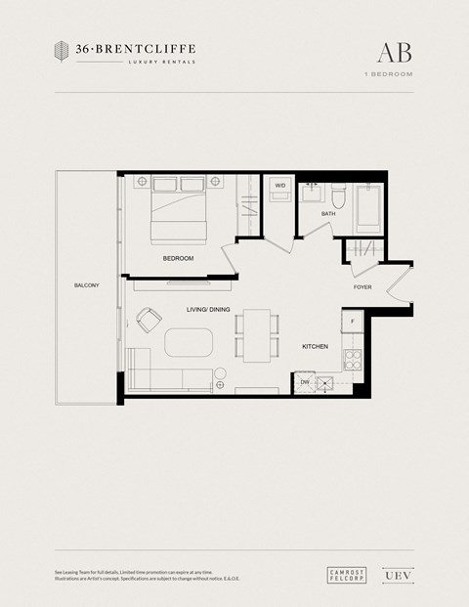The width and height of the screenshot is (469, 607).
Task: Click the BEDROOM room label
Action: point(178,258)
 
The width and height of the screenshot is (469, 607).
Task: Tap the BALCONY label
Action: point(86,285)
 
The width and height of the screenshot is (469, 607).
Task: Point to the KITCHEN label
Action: point(314,347)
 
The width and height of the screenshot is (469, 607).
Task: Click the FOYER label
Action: point(362,287)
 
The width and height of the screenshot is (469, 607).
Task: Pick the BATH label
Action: point(328,212)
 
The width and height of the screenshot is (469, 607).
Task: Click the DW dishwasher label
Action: point(305,382)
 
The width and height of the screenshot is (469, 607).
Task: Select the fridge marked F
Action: point(352,323)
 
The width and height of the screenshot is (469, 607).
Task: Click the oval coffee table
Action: point(190,344)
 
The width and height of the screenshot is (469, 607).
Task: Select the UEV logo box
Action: point(391,575)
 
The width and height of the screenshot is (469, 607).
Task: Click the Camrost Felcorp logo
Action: point(343,575)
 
